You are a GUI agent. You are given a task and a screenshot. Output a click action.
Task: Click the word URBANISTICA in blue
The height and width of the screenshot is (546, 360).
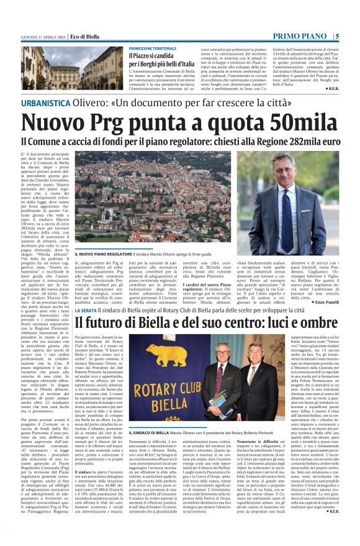point(45,102)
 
